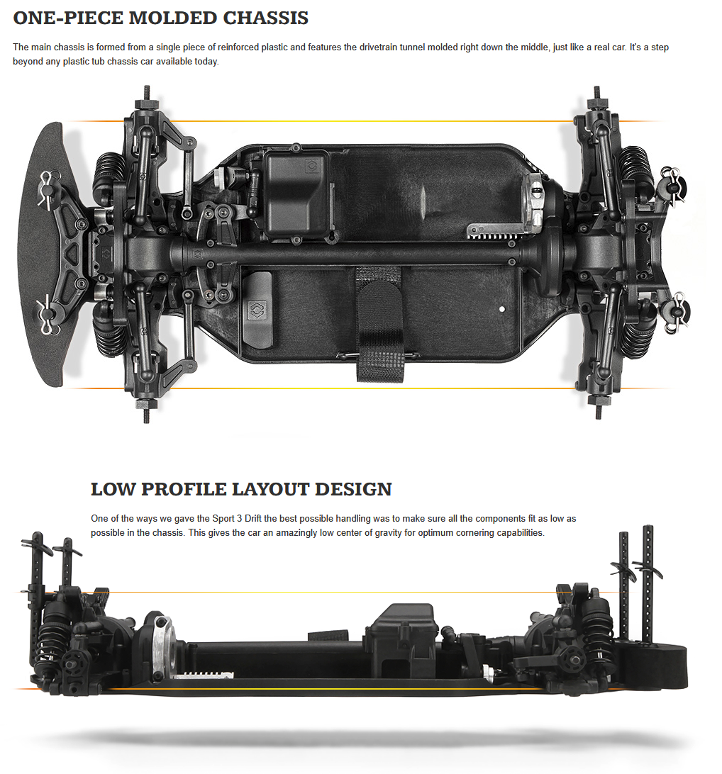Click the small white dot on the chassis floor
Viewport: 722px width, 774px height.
[x=502, y=309]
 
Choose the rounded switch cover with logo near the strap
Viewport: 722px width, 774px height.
[x=259, y=310]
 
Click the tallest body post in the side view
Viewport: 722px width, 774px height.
[x=648, y=581]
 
